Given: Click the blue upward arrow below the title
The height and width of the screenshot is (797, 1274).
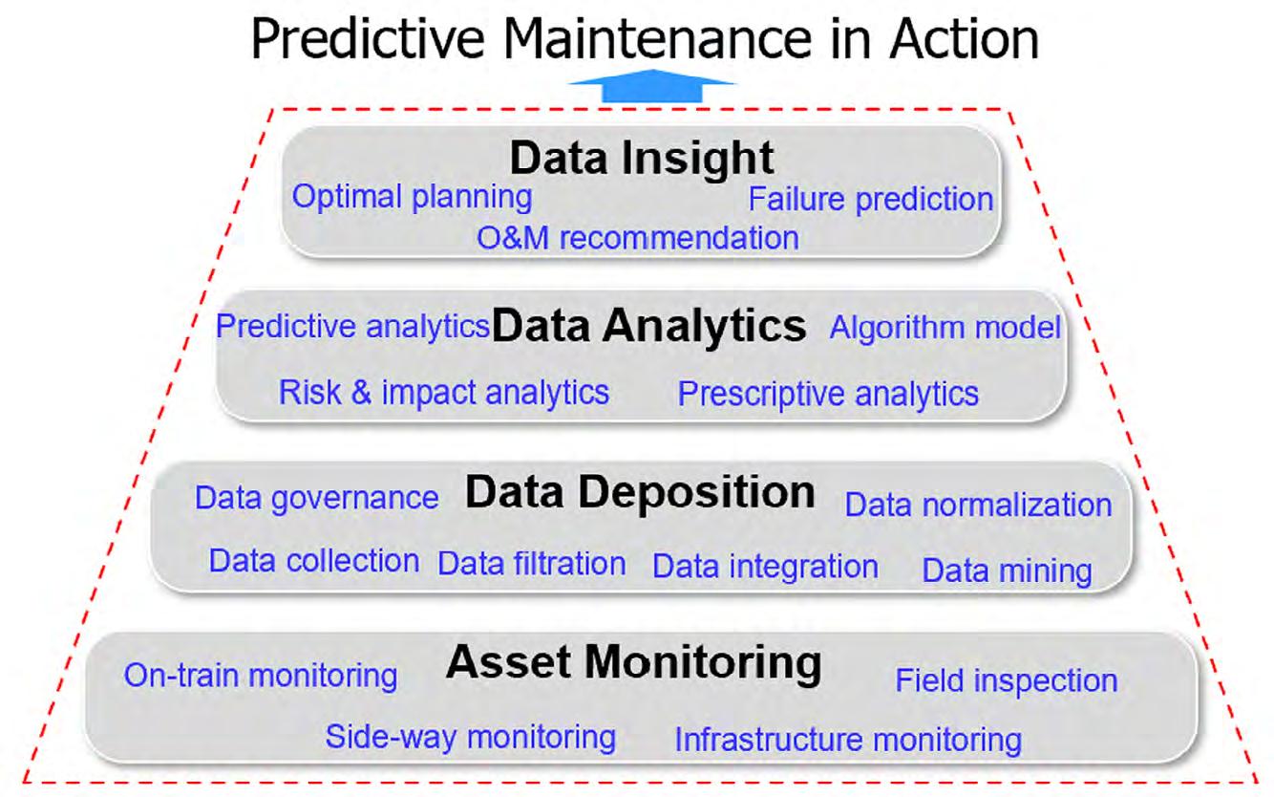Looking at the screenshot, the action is point(651,86).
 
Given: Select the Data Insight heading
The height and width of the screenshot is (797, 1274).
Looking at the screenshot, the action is point(642,159).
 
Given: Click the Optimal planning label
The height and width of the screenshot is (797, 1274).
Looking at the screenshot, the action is point(412,198).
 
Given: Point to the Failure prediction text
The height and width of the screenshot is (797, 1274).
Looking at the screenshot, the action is point(870,200).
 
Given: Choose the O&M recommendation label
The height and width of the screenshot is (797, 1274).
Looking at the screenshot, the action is point(638,237).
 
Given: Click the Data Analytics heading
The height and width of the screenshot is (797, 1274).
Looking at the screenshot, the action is point(648,326).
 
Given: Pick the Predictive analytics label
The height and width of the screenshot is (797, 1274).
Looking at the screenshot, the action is point(352,327).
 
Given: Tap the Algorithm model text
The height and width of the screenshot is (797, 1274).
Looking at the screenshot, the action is point(945,328).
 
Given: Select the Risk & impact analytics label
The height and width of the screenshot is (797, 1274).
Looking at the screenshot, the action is point(444,393).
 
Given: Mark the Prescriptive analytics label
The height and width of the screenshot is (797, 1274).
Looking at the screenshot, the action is point(828,394).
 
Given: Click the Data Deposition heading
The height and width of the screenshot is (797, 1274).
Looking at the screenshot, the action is point(640,492).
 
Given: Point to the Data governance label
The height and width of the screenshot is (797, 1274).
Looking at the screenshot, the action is point(317,499).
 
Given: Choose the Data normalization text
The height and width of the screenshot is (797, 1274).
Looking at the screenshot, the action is point(978,505).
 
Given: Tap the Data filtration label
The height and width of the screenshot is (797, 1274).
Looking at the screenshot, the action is point(532,564).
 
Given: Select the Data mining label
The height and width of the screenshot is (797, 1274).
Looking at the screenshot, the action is point(1007,571).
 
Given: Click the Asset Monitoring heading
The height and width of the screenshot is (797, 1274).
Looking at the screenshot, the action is point(633,663).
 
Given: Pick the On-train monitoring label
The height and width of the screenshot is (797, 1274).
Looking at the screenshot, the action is point(261,677).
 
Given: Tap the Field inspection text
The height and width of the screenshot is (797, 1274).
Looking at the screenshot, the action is point(1007,680).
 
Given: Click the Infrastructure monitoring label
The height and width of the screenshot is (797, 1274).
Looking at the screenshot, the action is point(848,740).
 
